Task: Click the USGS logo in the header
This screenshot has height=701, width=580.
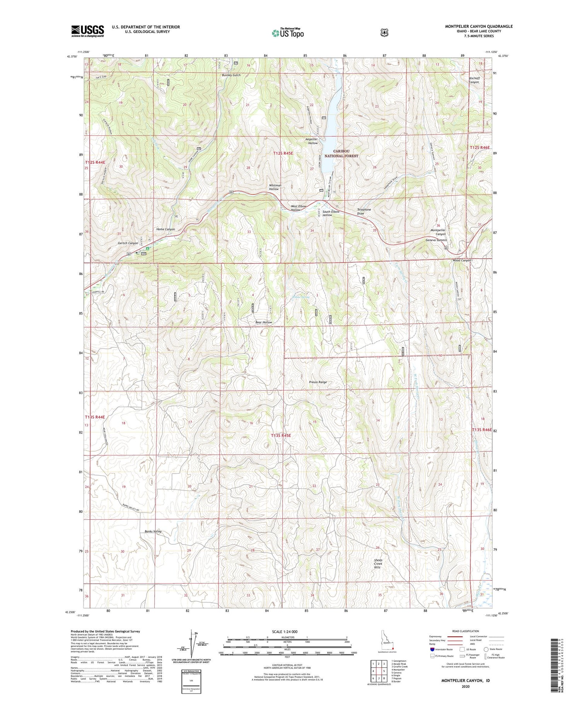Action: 87,31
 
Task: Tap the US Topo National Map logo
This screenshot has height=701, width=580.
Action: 288,32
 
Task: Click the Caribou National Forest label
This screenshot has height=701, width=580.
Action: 341,154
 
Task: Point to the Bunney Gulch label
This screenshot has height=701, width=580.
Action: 231,75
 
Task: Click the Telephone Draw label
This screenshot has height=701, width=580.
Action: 363,211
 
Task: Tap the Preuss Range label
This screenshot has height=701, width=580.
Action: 317,382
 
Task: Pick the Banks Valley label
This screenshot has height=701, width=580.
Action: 153,531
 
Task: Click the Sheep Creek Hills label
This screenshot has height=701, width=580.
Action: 378,563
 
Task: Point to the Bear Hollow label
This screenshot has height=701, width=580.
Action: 264,322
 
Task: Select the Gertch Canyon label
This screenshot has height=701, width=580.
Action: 128,243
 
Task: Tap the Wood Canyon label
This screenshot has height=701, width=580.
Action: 462,260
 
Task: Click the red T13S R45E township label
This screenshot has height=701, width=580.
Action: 281,435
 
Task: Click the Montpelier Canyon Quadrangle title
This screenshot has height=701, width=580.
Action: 479,26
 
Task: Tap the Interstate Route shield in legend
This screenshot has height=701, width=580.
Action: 432,649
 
